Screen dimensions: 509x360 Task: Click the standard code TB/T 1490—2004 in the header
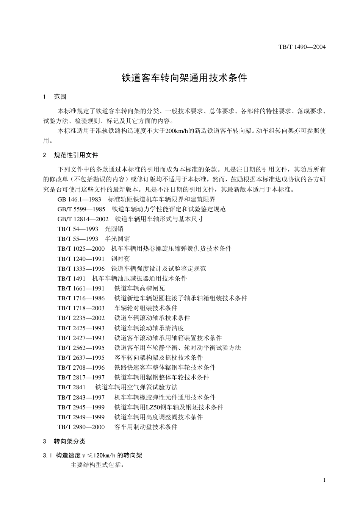(x=302, y=47)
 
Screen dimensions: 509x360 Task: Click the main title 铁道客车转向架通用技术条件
(x=184, y=78)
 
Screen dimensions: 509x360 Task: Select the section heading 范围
(x=60, y=97)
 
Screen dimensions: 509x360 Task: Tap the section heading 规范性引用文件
(x=76, y=155)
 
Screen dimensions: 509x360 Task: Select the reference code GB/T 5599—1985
(x=81, y=209)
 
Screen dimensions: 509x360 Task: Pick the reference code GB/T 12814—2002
(x=83, y=219)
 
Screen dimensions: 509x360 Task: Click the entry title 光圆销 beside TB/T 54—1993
(x=114, y=229)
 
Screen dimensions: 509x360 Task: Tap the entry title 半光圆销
(x=117, y=239)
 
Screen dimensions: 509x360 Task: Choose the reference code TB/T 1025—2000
(x=81, y=248)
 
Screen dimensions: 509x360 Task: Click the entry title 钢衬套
(x=121, y=259)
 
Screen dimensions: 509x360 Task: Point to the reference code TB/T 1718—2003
(x=81, y=308)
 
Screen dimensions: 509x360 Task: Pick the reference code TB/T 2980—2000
(x=81, y=427)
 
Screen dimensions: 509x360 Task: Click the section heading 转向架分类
(x=70, y=441)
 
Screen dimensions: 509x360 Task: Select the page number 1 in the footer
(x=324, y=480)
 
